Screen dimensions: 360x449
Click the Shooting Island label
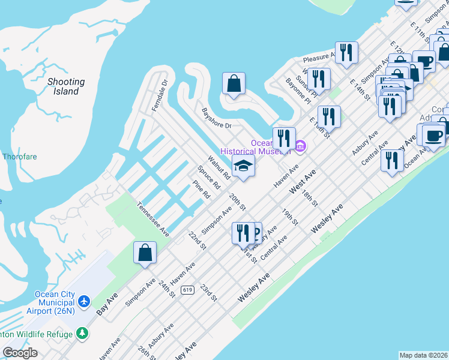(66, 86)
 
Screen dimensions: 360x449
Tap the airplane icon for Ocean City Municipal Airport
(83, 299)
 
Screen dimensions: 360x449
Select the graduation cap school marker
(243, 166)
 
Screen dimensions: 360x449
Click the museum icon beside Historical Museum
(301, 145)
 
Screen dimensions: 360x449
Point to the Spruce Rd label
(206, 178)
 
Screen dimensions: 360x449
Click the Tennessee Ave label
(152, 218)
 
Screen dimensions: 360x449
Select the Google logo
(20, 353)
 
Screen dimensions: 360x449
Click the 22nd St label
(197, 241)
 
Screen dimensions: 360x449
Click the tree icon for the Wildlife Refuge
(82, 334)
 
